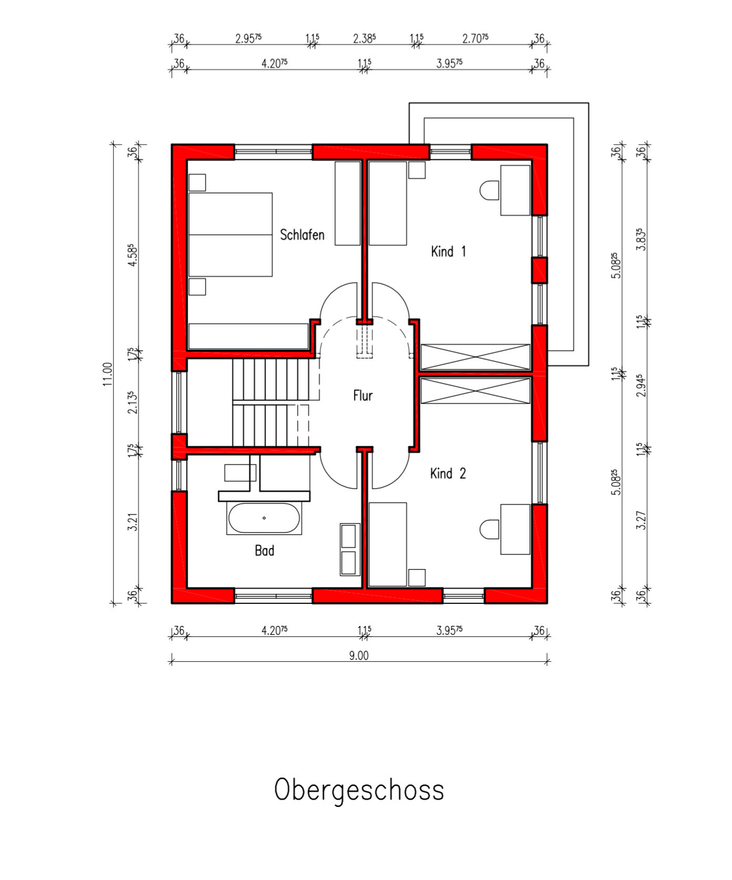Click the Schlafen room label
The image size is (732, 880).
pyautogui.click(x=302, y=235)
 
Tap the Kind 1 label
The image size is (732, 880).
pyautogui.click(x=448, y=251)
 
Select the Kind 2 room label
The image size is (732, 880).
pyautogui.click(x=448, y=473)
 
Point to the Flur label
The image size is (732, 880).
pyautogui.click(x=363, y=396)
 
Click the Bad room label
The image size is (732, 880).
pyautogui.click(x=265, y=551)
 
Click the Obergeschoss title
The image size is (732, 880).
pyautogui.click(x=359, y=791)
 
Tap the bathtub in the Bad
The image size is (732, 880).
pyautogui.click(x=264, y=519)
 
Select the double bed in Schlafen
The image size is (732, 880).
pyautogui.click(x=230, y=235)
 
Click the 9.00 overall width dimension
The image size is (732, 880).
pyautogui.click(x=359, y=655)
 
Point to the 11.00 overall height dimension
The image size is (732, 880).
pyautogui.click(x=108, y=374)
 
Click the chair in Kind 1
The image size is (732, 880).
pyautogui.click(x=490, y=190)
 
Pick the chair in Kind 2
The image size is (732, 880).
pyautogui.click(x=490, y=529)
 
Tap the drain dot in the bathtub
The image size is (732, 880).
pyautogui.click(x=264, y=518)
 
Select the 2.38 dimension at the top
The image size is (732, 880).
pyautogui.click(x=364, y=38)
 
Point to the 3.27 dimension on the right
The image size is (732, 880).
pyautogui.click(x=640, y=520)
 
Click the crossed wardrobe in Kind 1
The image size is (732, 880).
pyautogui.click(x=475, y=357)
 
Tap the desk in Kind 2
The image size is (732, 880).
pyautogui.click(x=515, y=529)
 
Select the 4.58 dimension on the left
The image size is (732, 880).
pyautogui.click(x=133, y=255)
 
